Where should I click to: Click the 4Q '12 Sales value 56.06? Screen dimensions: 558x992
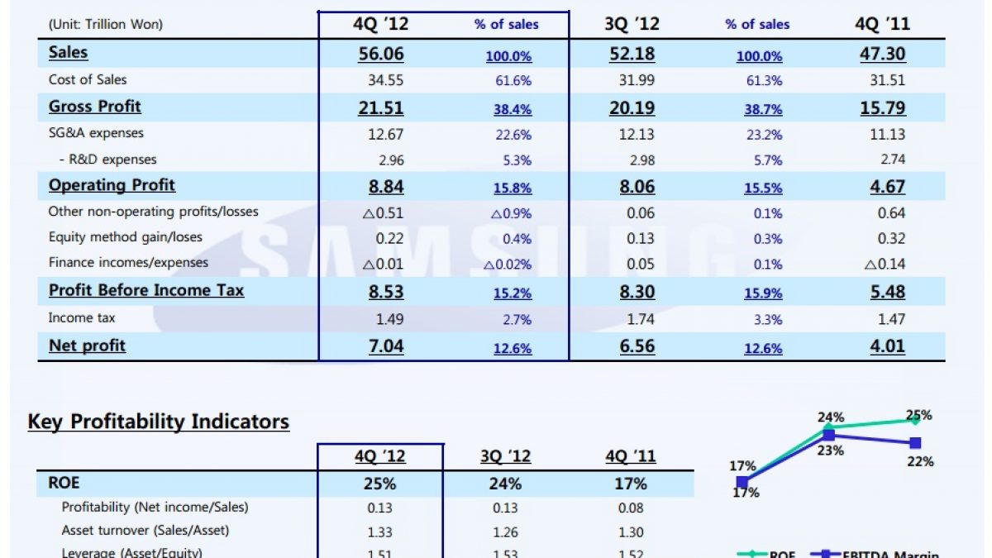tap(380, 55)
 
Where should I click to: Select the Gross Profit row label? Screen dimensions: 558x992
tap(95, 107)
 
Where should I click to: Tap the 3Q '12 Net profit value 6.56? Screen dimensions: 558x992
tap(637, 346)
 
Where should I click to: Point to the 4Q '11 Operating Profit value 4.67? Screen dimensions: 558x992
tap(887, 187)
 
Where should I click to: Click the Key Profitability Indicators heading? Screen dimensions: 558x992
tap(159, 422)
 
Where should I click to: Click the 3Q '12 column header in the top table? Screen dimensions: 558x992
tap(632, 24)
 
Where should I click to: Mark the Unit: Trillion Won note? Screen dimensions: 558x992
tap(106, 25)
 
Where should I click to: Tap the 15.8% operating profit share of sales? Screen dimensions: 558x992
tap(512, 188)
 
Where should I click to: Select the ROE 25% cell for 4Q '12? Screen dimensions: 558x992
tap(380, 484)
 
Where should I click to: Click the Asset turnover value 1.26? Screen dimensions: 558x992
tap(504, 532)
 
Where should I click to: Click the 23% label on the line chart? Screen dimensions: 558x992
tap(830, 451)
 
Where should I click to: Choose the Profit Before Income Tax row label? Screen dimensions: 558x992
tap(146, 291)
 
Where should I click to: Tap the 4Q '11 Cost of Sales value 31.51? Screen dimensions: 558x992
tap(887, 80)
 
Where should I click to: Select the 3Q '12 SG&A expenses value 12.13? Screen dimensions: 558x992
tap(637, 134)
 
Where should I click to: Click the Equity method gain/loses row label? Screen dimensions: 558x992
tap(125, 237)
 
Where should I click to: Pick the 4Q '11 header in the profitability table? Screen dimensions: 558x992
tap(630, 457)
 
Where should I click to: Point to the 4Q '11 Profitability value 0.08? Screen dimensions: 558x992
tap(630, 508)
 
